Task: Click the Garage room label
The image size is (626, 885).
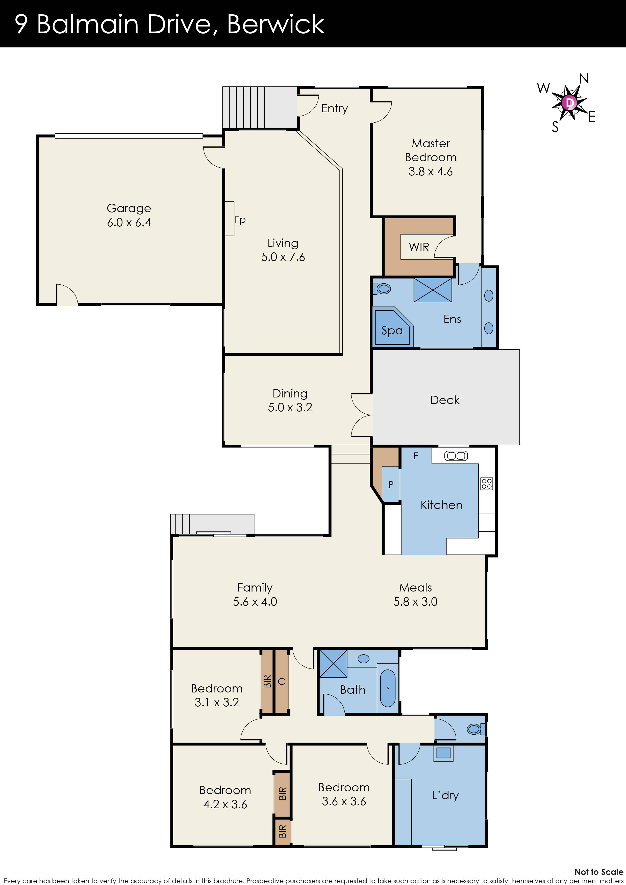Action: pos(129,208)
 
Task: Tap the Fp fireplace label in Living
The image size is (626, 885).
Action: pos(240,220)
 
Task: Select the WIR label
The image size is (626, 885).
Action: pos(419,247)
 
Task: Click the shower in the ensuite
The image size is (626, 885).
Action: pos(433,290)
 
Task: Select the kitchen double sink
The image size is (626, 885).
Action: pos(456,455)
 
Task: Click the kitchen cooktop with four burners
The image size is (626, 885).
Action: pos(486,483)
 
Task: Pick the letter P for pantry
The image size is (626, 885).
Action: pos(391,485)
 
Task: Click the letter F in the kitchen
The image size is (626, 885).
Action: pos(415,456)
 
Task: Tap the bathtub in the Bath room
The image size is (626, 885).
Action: pos(388,688)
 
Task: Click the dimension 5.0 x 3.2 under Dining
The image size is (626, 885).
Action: pos(290,408)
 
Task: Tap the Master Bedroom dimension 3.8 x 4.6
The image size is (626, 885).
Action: pos(431,172)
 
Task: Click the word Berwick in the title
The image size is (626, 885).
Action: pos(276,24)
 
